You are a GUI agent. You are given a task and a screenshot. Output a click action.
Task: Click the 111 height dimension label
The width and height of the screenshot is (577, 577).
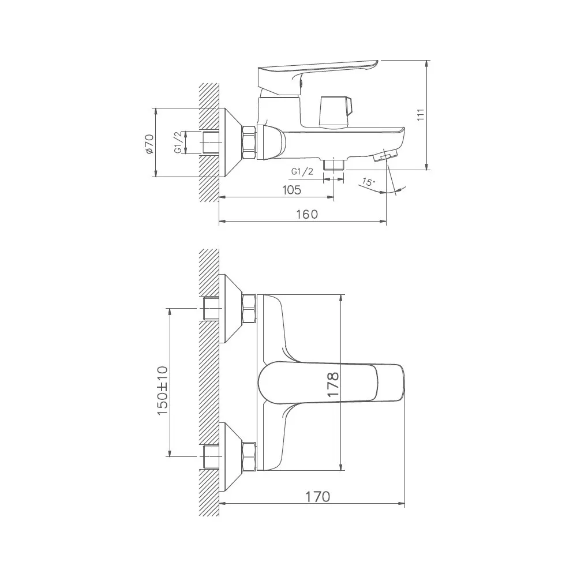[421, 115]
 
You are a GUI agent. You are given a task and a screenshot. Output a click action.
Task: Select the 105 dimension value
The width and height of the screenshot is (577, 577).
[291, 190]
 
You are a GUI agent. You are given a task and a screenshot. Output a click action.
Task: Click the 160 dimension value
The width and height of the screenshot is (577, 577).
[307, 214]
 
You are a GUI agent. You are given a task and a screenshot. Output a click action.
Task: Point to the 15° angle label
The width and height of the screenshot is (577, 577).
[368, 182]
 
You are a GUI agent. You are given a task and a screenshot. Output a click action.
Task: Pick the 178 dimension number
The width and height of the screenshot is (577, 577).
[333, 384]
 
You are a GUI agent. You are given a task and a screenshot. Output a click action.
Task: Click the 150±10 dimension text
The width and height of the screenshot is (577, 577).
[162, 391]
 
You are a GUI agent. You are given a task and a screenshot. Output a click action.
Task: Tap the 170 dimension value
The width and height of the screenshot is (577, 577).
[317, 497]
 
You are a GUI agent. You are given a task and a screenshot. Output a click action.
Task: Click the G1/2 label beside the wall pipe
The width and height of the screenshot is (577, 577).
[178, 143]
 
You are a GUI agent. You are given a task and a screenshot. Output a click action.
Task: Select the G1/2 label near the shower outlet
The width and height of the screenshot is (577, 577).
[302, 171]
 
